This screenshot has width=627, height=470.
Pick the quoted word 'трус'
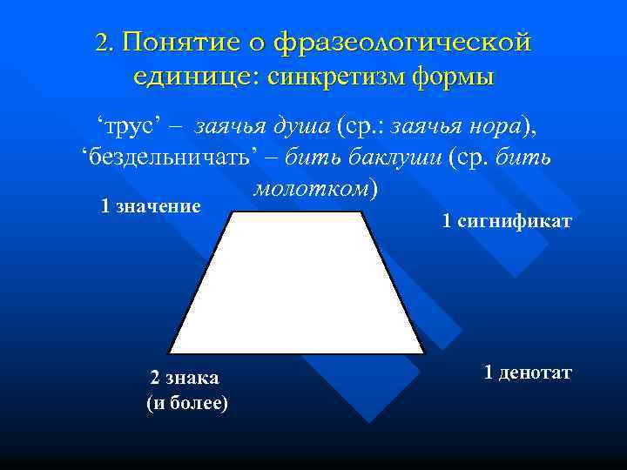(128, 127)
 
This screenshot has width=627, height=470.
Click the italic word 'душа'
(299, 127)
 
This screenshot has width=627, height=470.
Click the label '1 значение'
(151, 206)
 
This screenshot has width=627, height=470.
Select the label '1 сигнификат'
(507, 222)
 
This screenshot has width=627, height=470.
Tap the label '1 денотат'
(528, 373)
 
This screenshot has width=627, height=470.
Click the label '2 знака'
(185, 378)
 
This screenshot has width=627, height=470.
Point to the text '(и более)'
(187, 404)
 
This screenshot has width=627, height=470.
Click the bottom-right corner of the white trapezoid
(424, 352)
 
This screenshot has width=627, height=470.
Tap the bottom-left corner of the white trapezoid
(169, 352)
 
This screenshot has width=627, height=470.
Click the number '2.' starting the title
(105, 43)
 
